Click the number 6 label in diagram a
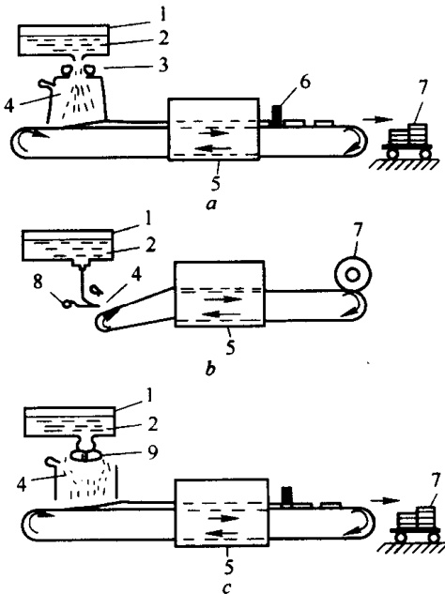304,83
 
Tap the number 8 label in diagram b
38,282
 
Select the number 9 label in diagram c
152,452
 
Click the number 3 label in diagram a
163,65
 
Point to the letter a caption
210,205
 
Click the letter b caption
210,368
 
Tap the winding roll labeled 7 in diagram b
352,274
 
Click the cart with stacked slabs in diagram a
411,141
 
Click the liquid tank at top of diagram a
64,40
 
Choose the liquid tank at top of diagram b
68,246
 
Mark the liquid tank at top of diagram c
69,422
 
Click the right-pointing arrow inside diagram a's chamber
214,132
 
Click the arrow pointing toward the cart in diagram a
377,119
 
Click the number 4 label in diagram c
22,485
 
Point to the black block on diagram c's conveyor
287,495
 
